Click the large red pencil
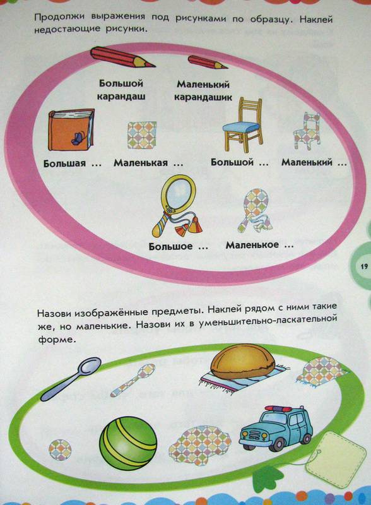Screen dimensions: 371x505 tap(122, 57)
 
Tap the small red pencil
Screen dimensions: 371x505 tap(208, 62)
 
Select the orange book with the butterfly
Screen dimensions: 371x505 tap(71, 130)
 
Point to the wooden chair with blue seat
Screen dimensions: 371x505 tap(243, 125)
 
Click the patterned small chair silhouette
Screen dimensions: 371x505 tap(307, 131)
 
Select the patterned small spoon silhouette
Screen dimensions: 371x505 tap(133, 380)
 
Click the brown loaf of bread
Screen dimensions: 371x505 tap(242, 361)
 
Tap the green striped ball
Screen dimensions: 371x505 tap(128, 441)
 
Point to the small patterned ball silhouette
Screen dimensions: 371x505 tap(60, 449)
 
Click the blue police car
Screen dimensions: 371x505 tap(276, 428)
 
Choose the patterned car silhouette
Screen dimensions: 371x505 tap(200, 445)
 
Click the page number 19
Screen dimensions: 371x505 tap(364, 266)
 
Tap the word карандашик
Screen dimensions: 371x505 tap(203, 97)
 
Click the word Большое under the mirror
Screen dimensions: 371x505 tap(170, 247)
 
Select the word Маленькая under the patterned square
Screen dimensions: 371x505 tap(141, 163)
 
